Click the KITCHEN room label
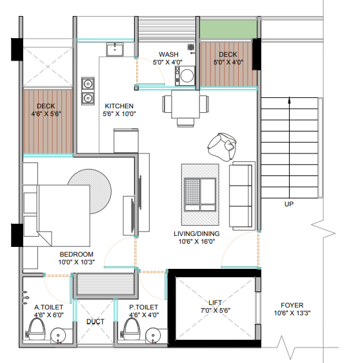click(x=119, y=106)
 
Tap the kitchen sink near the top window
click(x=115, y=49)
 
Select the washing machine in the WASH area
click(x=185, y=75)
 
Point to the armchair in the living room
click(x=222, y=147)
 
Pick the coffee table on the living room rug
click(x=200, y=195)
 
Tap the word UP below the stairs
click(x=289, y=204)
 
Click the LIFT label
click(x=215, y=302)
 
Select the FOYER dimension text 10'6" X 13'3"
click(x=292, y=313)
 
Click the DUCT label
click(x=95, y=322)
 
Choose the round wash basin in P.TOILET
click(x=153, y=335)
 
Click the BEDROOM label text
click(x=76, y=255)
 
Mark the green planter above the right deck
click(x=228, y=29)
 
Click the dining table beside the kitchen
click(x=186, y=104)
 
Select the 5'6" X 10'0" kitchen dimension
click(x=119, y=114)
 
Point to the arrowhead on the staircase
click(x=289, y=100)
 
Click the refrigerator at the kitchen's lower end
click(x=126, y=141)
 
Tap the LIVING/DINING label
click(x=197, y=233)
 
